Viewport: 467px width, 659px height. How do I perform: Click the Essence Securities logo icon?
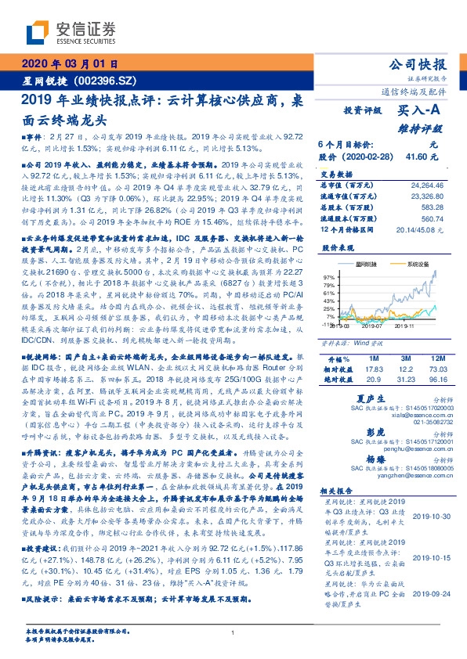pyautogui.click(x=38, y=31)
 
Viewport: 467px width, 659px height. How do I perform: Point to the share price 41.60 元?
pyautogui.click(x=422, y=157)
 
